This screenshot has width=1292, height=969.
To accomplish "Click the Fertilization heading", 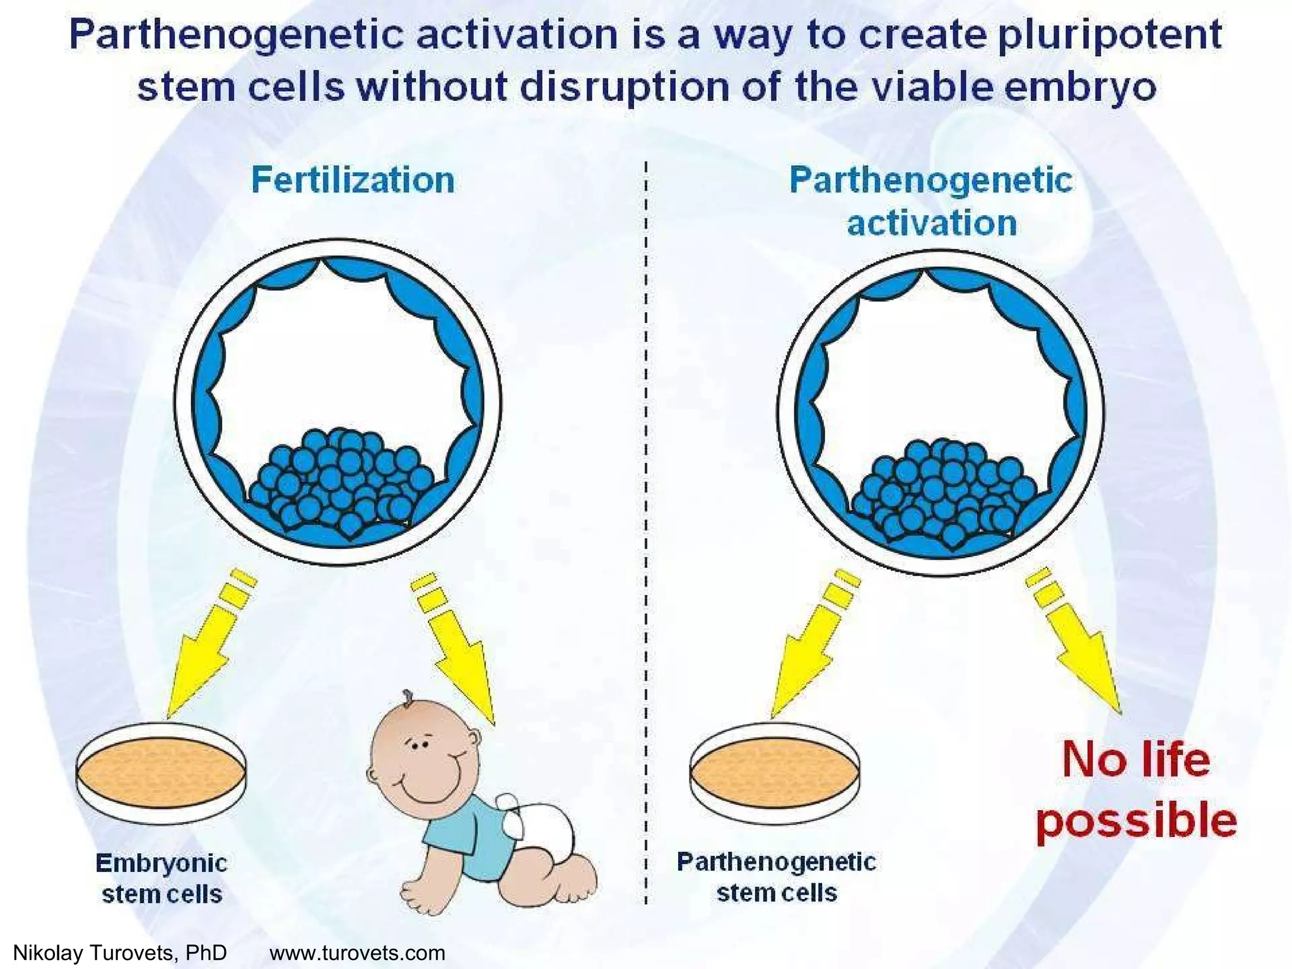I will click(x=353, y=180).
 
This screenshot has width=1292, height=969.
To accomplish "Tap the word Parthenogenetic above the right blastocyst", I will click(x=931, y=180).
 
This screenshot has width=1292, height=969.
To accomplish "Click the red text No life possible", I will click(x=1136, y=789).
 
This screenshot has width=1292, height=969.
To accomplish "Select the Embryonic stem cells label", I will click(x=161, y=878).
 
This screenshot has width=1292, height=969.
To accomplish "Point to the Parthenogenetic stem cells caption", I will click(x=777, y=878).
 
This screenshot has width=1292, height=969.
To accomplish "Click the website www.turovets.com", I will click(x=357, y=953).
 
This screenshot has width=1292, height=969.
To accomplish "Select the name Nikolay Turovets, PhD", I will click(x=120, y=953).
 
